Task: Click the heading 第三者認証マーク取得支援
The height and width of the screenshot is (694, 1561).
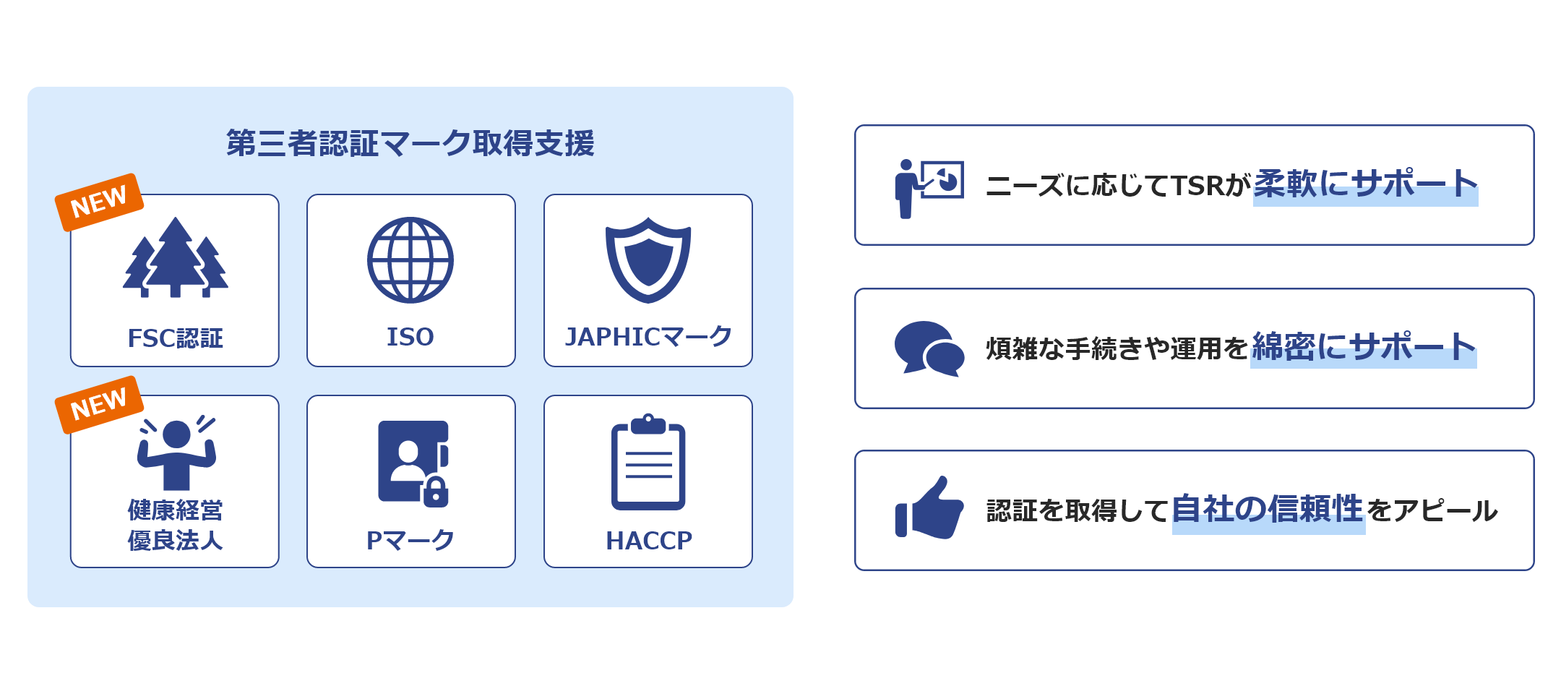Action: [x=410, y=143]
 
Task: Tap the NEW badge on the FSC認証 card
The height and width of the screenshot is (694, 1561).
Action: [x=99, y=202]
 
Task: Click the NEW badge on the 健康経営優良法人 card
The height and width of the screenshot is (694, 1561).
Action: [x=99, y=405]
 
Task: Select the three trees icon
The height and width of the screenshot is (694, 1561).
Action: [x=175, y=257]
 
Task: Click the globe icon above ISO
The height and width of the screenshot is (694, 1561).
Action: [x=410, y=260]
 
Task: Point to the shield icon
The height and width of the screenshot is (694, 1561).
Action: [x=648, y=260]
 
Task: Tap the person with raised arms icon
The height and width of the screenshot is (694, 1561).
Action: [x=176, y=453]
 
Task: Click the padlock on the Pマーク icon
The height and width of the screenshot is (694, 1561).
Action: [x=436, y=492]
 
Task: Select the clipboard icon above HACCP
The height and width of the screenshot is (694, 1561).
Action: [x=648, y=462]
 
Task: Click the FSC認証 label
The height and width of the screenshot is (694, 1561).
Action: [x=175, y=338]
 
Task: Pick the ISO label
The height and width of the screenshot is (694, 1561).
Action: [x=410, y=337]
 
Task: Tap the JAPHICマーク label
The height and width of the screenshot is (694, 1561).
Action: [x=648, y=337]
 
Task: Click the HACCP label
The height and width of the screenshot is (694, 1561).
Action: [x=649, y=541]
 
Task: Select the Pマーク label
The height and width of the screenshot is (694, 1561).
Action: [x=410, y=540]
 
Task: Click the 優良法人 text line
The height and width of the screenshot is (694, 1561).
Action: [x=175, y=540]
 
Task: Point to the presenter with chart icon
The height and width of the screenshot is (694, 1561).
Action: [x=929, y=189]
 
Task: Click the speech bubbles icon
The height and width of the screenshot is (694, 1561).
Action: [x=929, y=349]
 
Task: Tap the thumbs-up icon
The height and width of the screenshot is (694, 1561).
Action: [x=929, y=507]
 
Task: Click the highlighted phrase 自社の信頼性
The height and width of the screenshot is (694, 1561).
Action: [x=1268, y=510]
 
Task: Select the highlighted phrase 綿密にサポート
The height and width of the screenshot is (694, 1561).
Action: [x=1364, y=347]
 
